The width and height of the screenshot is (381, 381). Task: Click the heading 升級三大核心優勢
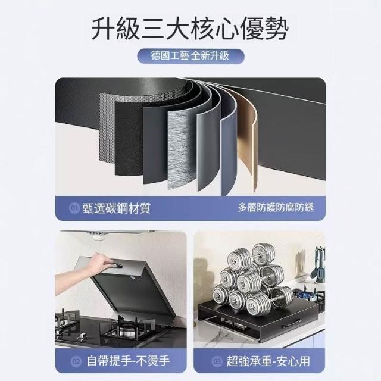190,29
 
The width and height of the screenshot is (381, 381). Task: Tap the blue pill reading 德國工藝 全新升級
190,56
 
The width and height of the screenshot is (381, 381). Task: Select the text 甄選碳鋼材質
117,208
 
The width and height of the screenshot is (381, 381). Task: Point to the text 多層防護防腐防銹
276,207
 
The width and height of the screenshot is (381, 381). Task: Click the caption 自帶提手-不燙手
128,361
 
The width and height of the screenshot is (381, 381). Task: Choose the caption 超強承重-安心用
268,361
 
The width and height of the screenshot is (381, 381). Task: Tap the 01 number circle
74,208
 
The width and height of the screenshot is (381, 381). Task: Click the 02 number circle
77,361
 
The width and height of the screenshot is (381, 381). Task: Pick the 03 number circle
217,361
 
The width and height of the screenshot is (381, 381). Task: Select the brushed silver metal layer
181,148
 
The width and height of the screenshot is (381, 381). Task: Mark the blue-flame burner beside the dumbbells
307,295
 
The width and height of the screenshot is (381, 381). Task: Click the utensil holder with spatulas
319,265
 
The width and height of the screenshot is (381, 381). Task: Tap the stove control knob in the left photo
82,337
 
